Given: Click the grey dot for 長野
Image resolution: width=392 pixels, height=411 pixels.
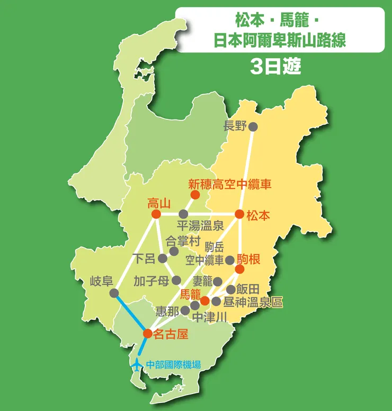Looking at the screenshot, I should point(253,126).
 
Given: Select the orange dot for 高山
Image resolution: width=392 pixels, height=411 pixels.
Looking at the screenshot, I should point(156,214).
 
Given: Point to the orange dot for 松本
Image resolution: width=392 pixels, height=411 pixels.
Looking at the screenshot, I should point(239,214).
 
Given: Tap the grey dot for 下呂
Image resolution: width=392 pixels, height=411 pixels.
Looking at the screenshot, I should point(163,259).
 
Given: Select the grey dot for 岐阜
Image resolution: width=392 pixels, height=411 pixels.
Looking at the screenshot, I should point(114,293).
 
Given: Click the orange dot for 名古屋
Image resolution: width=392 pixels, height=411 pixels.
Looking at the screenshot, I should point(148,334).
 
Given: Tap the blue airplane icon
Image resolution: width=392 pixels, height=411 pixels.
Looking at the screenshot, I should point(137,364).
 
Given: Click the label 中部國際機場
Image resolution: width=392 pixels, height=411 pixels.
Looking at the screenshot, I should point(174,365).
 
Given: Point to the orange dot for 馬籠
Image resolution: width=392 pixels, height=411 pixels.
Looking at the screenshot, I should point(204,301).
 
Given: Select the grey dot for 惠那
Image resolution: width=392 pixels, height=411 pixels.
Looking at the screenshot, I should point(185,310).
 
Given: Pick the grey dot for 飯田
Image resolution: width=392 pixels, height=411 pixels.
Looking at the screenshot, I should point(231,290).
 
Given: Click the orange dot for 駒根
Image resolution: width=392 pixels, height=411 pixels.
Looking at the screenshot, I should point(239,269).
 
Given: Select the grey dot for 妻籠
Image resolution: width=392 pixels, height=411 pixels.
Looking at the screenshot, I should point(217,281).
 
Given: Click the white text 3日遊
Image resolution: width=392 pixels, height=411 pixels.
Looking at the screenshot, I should point(275,66).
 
